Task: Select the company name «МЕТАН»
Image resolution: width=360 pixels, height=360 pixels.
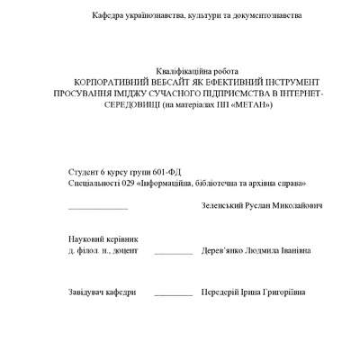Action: [x=250, y=105]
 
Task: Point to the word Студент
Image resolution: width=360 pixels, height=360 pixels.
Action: [x=83, y=169]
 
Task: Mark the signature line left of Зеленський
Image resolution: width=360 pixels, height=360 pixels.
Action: [x=98, y=208]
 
